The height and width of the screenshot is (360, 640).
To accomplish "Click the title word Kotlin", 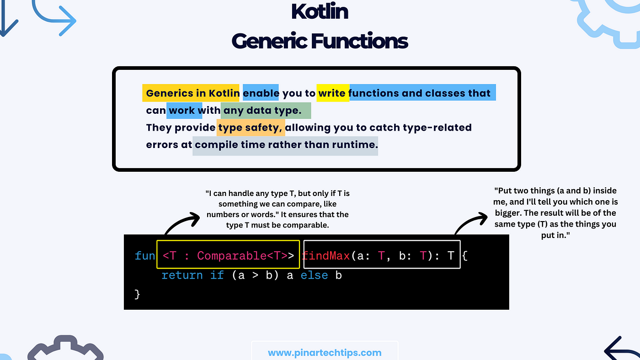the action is click(320, 12).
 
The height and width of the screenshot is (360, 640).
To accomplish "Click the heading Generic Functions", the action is click(320, 41).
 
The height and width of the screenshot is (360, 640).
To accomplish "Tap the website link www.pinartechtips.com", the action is click(325, 353).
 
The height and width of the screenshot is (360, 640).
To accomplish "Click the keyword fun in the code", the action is click(144, 255).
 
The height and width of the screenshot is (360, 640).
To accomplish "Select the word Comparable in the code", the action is click(232, 255).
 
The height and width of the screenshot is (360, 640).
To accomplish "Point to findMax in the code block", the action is click(325, 255).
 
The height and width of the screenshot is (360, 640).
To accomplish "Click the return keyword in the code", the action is click(182, 275).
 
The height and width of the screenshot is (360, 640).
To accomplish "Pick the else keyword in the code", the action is click(314, 275).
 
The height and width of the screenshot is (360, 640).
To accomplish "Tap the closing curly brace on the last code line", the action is click(137, 294).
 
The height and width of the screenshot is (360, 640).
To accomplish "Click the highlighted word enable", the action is click(261, 93).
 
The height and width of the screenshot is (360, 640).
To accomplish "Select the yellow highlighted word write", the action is click(332, 93).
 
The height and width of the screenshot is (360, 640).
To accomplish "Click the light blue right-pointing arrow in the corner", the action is click(54, 19).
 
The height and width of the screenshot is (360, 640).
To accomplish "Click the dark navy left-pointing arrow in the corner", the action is click(620, 349).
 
